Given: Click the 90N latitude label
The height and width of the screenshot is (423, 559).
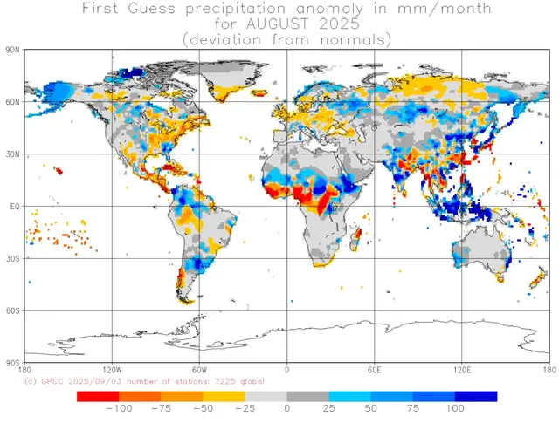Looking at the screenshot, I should point(12,51).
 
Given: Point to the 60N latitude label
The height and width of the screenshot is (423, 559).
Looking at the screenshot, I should point(12,103).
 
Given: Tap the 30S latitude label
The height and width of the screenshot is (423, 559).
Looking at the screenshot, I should point(12,259).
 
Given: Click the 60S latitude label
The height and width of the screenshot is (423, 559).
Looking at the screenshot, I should point(12,310).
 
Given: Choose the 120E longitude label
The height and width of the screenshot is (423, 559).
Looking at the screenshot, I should point(462,370).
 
